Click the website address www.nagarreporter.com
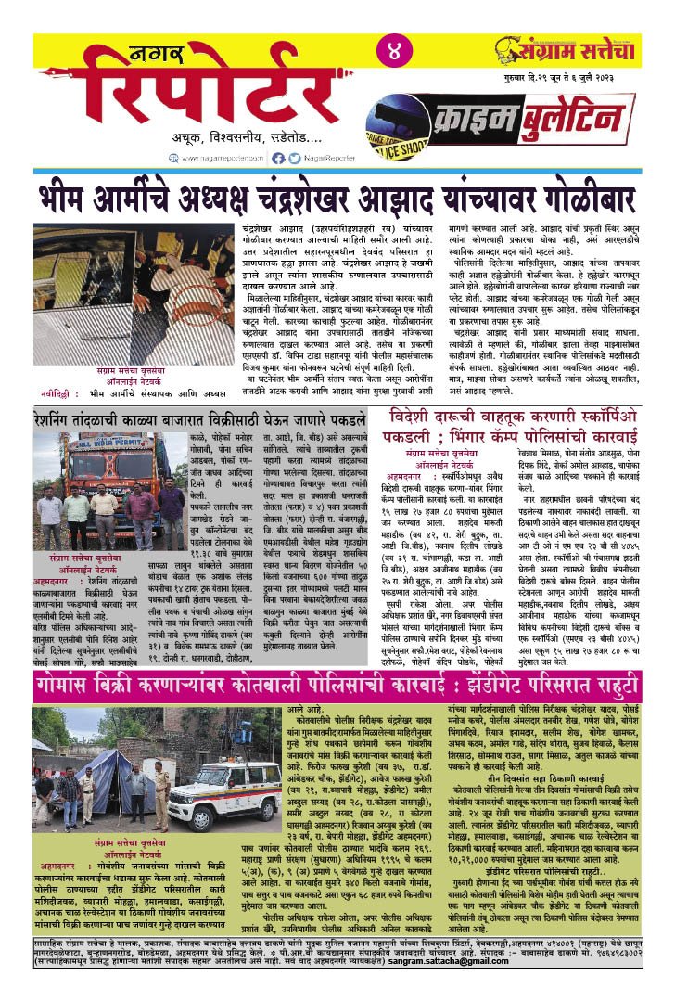click(223, 159)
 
